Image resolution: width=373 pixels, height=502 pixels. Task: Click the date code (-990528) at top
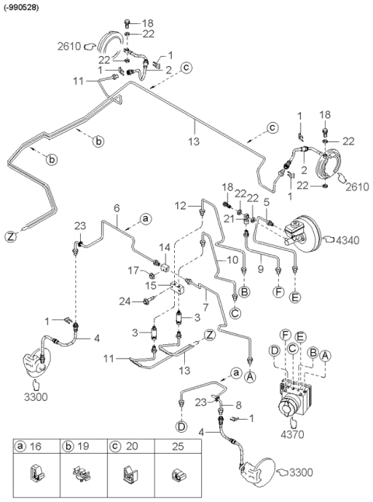(x=21, y=8)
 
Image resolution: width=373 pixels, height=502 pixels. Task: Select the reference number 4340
(x=347, y=240)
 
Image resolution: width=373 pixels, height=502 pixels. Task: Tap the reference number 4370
(x=291, y=434)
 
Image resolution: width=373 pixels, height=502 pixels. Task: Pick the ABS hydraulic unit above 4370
(x=295, y=396)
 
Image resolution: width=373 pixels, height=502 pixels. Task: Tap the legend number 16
(x=36, y=446)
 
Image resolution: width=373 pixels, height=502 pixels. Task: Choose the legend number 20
(x=131, y=446)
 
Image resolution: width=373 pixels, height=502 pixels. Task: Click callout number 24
(x=125, y=301)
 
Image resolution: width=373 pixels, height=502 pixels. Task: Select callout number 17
(x=134, y=270)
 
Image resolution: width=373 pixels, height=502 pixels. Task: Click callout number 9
(x=261, y=268)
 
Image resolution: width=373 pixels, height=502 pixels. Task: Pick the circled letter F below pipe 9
(x=279, y=292)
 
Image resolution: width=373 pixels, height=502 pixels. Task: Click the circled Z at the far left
(x=11, y=237)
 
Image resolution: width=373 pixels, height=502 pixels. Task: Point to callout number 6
(x=117, y=208)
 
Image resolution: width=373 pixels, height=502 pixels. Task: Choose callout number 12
(x=181, y=206)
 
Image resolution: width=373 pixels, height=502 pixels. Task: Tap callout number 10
(x=233, y=260)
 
